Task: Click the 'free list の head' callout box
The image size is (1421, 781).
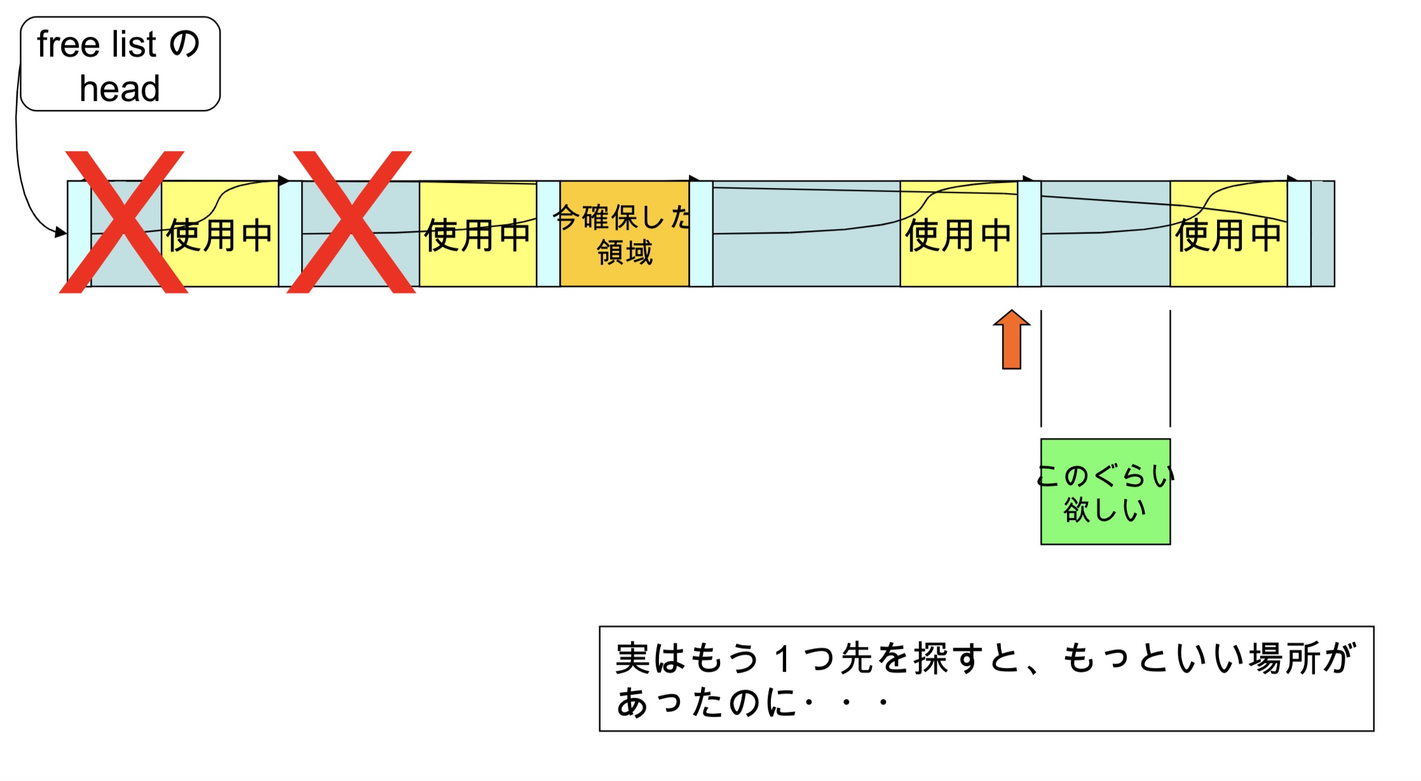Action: click(120, 64)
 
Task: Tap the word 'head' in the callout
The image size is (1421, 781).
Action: click(119, 88)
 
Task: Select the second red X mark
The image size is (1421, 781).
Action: click(351, 222)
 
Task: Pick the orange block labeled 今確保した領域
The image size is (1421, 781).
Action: click(624, 234)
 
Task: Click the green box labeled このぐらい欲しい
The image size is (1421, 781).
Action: click(1105, 491)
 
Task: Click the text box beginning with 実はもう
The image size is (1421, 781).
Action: click(986, 678)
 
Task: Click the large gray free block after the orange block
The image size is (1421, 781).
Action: click(806, 254)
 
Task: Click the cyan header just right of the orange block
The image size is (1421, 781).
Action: click(701, 234)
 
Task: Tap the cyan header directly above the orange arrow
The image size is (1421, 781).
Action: click(1029, 234)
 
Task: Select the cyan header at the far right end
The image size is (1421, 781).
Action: click(1299, 234)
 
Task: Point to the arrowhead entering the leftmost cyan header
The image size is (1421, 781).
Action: click(62, 232)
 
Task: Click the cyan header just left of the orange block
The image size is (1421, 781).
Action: click(548, 234)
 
